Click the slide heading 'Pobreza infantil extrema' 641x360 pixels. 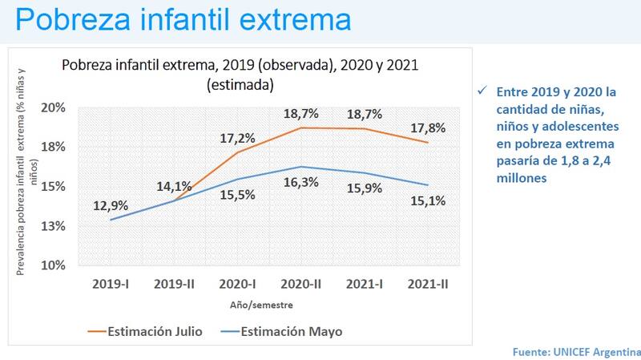click(183, 19)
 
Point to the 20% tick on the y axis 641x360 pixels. click(66, 108)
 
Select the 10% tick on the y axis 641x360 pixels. click(66, 265)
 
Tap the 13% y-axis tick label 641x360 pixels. click(66, 226)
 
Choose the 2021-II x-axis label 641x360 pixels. click(426, 284)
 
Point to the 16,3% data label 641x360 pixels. click(300, 182)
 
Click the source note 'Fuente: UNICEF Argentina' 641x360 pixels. click(576, 352)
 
